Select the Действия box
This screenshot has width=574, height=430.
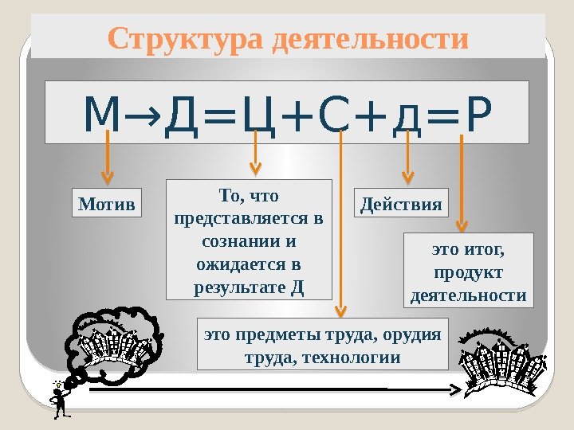click(401, 203)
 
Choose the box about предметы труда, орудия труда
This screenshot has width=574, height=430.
click(322, 344)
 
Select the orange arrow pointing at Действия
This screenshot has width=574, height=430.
click(407, 159)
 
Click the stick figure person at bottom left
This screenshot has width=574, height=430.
click(60, 398)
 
